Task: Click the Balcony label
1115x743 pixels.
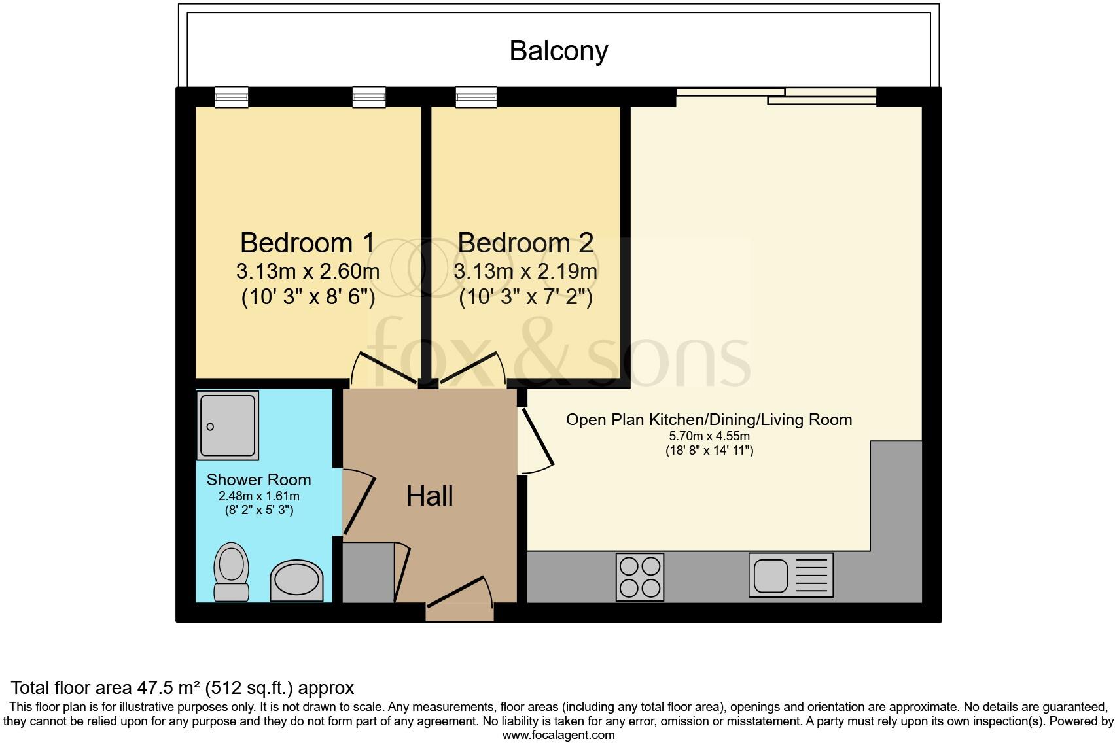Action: click(x=558, y=51)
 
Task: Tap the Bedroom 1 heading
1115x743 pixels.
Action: click(x=308, y=243)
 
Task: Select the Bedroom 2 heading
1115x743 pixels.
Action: click(x=525, y=243)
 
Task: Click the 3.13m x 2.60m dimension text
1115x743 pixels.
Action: click(x=308, y=270)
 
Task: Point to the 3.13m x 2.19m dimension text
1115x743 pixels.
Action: click(x=525, y=270)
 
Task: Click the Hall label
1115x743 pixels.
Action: click(x=429, y=496)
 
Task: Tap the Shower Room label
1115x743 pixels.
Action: click(x=258, y=479)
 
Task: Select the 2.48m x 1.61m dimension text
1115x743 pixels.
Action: click(x=258, y=496)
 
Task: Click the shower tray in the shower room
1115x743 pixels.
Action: click(x=227, y=425)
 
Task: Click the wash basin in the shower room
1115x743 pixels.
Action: click(x=296, y=580)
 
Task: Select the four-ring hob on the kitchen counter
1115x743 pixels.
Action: click(x=639, y=576)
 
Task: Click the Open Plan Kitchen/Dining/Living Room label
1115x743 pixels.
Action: click(x=709, y=419)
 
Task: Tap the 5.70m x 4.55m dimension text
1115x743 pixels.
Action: click(x=709, y=436)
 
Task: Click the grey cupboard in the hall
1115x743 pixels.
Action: click(x=368, y=572)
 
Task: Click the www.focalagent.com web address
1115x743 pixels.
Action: click(x=558, y=734)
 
